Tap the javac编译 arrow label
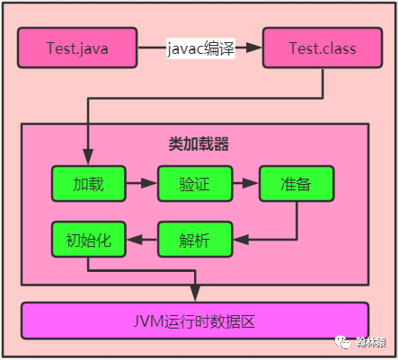click(x=199, y=48)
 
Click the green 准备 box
click(x=296, y=183)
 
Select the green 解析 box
click(x=195, y=240)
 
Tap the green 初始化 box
click(x=88, y=240)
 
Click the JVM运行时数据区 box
click(x=195, y=320)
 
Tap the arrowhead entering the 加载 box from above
click(x=88, y=159)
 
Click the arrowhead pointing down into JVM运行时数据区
click(x=195, y=296)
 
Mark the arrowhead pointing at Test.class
click(x=255, y=48)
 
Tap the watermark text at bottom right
click(x=370, y=341)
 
